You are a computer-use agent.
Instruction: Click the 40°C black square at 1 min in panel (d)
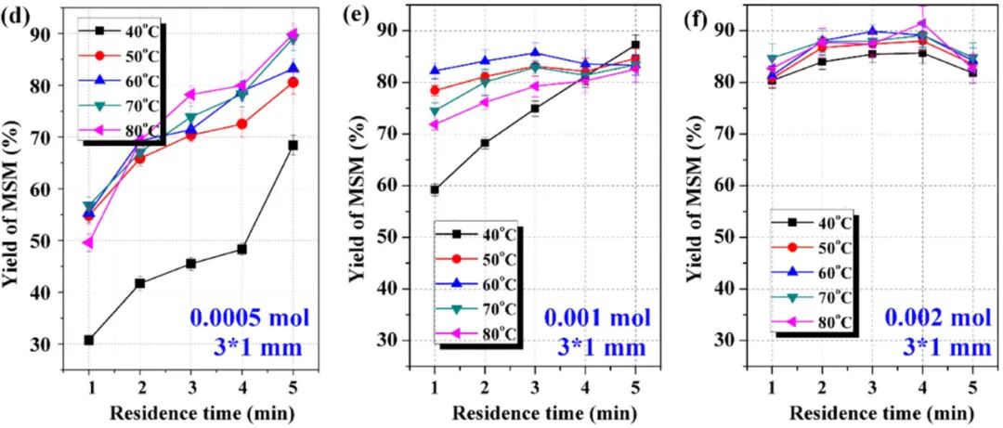pyautogui.click(x=88, y=340)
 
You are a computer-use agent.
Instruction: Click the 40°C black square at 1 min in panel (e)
pyautogui.click(x=435, y=189)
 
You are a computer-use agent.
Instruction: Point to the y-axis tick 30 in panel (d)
pyautogui.click(x=60, y=344)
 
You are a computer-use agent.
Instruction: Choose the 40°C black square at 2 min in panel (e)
pyautogui.click(x=485, y=143)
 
